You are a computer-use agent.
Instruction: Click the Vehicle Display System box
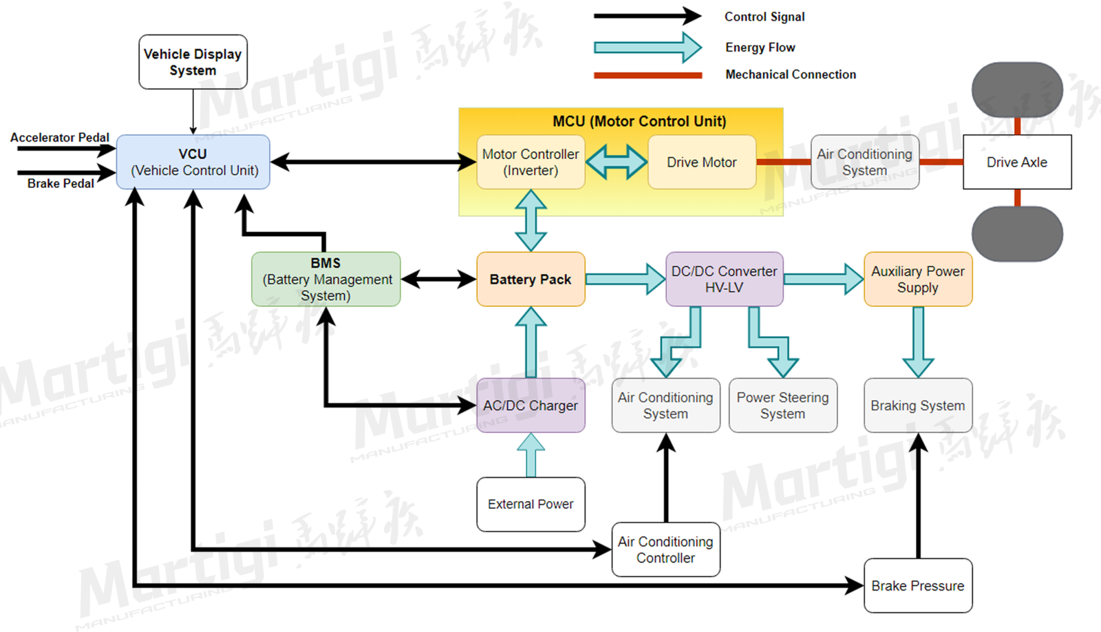point(193,62)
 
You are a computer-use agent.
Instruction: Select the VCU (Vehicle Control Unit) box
point(193,162)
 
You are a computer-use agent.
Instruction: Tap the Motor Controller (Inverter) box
point(531,162)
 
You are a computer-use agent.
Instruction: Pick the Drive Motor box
point(701,162)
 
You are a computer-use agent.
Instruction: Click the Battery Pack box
point(531,279)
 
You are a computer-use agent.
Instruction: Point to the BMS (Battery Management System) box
point(326,279)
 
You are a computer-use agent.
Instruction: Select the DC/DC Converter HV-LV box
point(724,279)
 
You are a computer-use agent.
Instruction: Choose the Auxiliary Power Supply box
point(917,279)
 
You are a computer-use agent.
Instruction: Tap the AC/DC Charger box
point(531,405)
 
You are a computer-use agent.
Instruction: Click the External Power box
point(531,504)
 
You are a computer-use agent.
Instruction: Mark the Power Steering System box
point(782,405)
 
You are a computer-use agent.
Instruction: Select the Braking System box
point(917,405)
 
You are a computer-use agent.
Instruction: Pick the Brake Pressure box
point(917,585)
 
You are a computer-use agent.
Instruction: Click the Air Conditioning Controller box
point(665,549)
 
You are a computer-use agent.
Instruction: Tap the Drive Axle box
point(1016,162)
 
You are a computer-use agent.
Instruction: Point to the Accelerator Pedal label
point(60,137)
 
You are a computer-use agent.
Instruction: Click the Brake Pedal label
point(61,183)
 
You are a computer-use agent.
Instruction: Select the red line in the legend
point(648,75)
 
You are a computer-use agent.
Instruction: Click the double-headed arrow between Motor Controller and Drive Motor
point(617,162)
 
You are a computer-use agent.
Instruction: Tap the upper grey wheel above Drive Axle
point(1016,90)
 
